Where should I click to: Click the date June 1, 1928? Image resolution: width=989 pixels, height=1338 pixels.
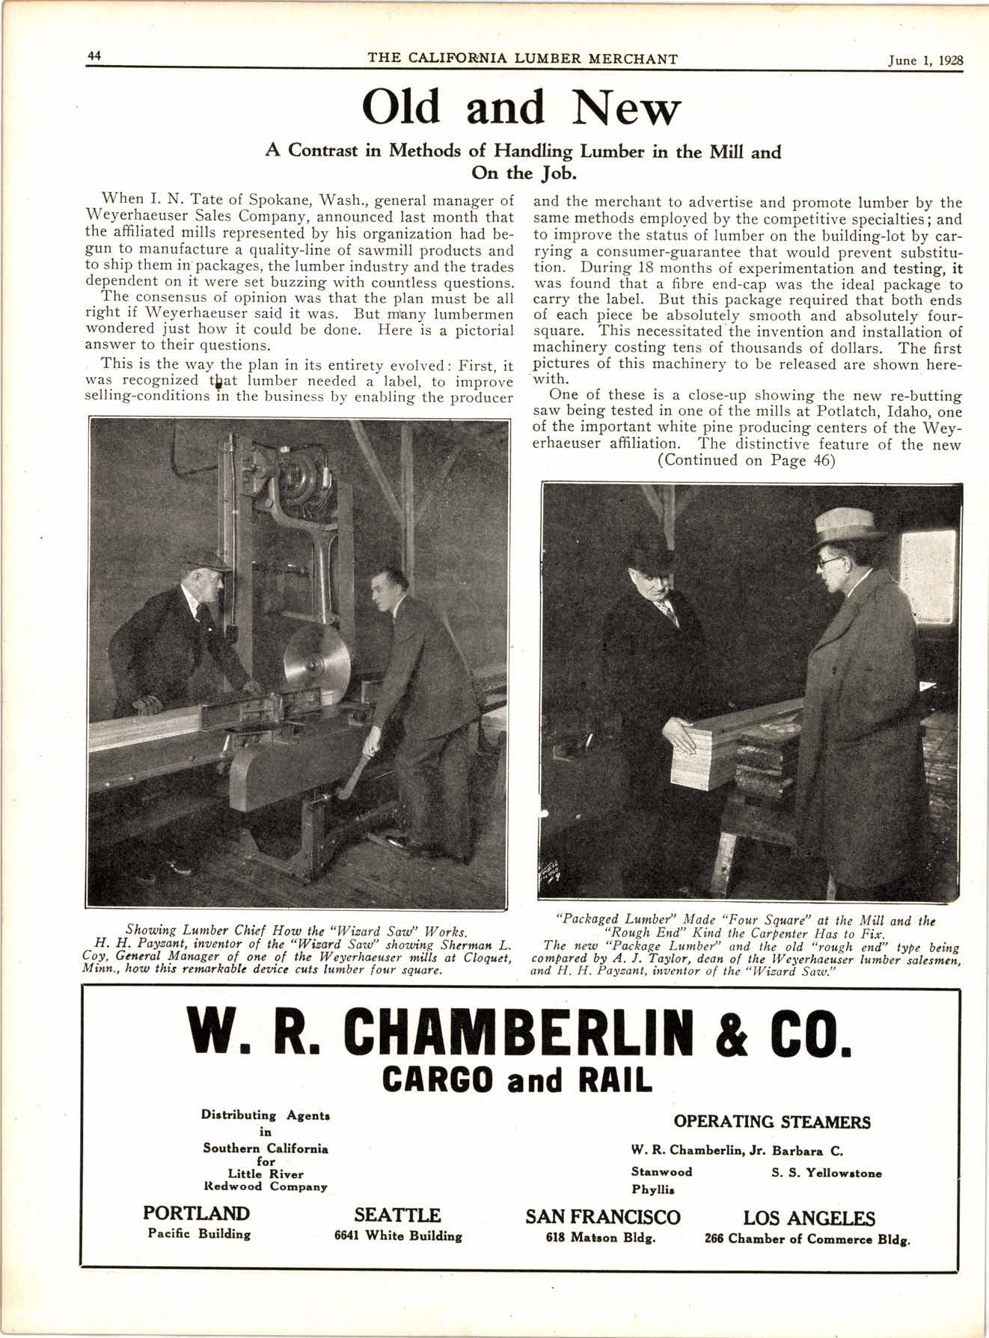point(925,61)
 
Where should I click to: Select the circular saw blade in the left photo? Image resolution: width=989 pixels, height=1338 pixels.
point(317,660)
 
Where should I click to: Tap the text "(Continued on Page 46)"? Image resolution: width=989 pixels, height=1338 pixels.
point(746,461)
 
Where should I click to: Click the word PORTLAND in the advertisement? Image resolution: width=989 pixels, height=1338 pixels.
point(196,1214)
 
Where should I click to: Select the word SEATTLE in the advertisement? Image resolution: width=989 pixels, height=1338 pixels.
point(397,1215)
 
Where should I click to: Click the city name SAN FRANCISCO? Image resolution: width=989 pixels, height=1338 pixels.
point(603,1217)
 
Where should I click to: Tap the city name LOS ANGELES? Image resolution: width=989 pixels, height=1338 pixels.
point(808,1218)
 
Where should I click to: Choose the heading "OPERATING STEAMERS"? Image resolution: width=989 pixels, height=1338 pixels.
point(772,1122)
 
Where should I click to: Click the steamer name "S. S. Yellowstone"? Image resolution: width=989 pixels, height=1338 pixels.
point(826,1173)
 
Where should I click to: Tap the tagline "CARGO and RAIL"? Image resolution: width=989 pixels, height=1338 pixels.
point(517,1078)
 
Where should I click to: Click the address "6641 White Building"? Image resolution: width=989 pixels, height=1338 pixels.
point(397,1236)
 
